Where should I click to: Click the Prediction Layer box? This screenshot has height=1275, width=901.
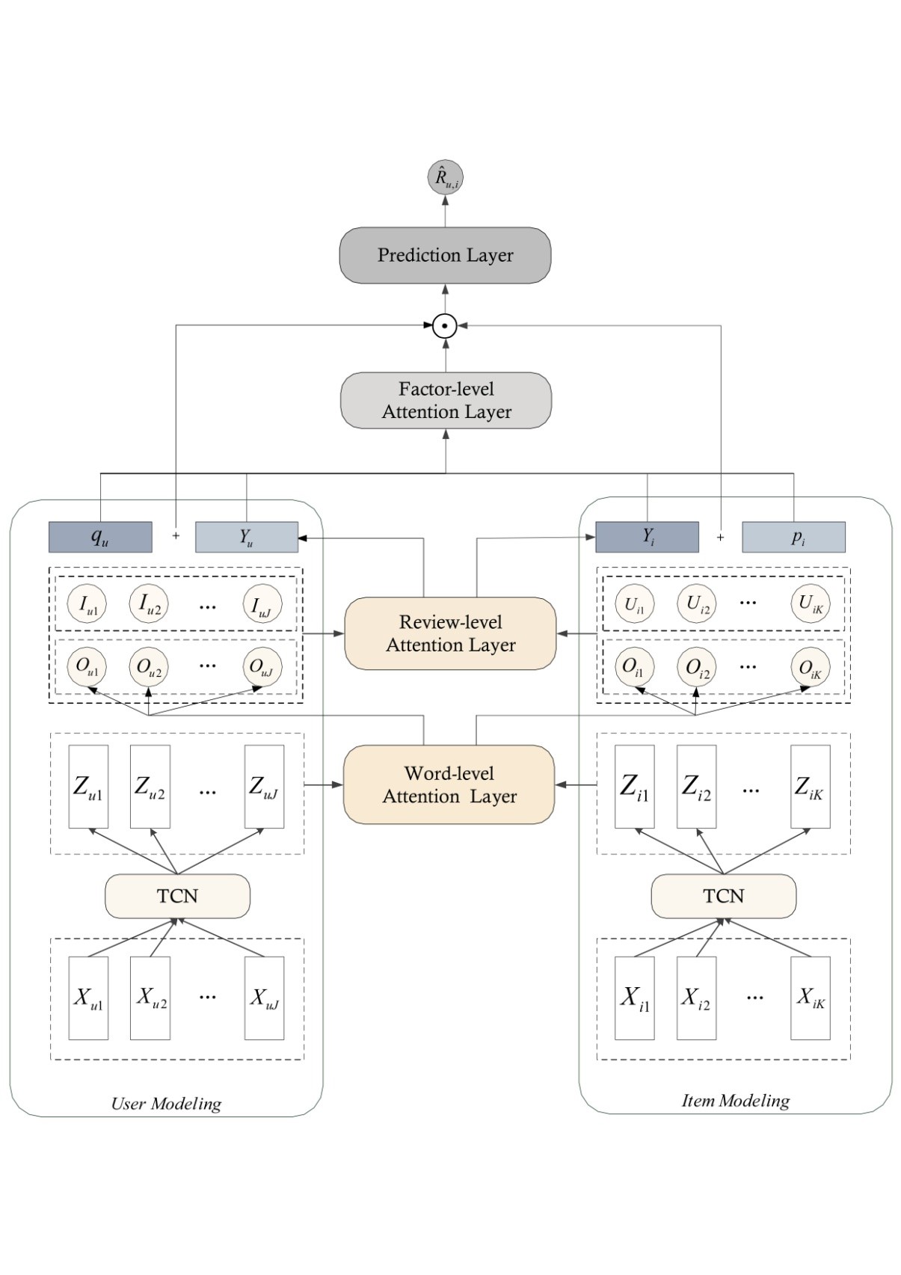coord(445,255)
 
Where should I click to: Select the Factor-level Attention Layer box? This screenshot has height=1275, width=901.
coord(446,400)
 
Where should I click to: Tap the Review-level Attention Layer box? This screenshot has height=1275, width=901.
coord(450,633)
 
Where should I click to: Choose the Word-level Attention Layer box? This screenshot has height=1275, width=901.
coord(449,784)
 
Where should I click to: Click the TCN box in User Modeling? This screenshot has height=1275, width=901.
coord(177,896)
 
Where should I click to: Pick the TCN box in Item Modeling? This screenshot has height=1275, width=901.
coord(723,896)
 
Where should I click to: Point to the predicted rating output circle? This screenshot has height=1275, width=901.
coord(446,177)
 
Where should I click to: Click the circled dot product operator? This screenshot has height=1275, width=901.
coord(445,326)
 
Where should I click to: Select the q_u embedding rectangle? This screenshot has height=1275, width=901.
coord(100,537)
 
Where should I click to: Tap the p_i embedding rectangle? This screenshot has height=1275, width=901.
coord(793,537)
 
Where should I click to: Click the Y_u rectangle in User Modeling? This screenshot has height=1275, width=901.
coord(247,537)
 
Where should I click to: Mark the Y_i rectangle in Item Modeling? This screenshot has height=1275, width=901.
coord(647,537)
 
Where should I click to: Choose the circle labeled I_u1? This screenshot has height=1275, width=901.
coord(87,603)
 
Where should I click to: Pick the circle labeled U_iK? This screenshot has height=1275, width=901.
coord(810,603)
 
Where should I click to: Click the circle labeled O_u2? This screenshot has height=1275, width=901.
coord(149,667)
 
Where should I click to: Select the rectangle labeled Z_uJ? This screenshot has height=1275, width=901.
coord(264,787)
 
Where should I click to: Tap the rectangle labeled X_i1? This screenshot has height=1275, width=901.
coord(634,998)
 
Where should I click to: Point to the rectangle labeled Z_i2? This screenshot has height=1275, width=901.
coord(696,787)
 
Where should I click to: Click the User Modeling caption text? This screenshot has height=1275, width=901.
coord(166,1104)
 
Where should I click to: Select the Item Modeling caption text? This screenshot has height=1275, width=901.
coord(735,1101)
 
